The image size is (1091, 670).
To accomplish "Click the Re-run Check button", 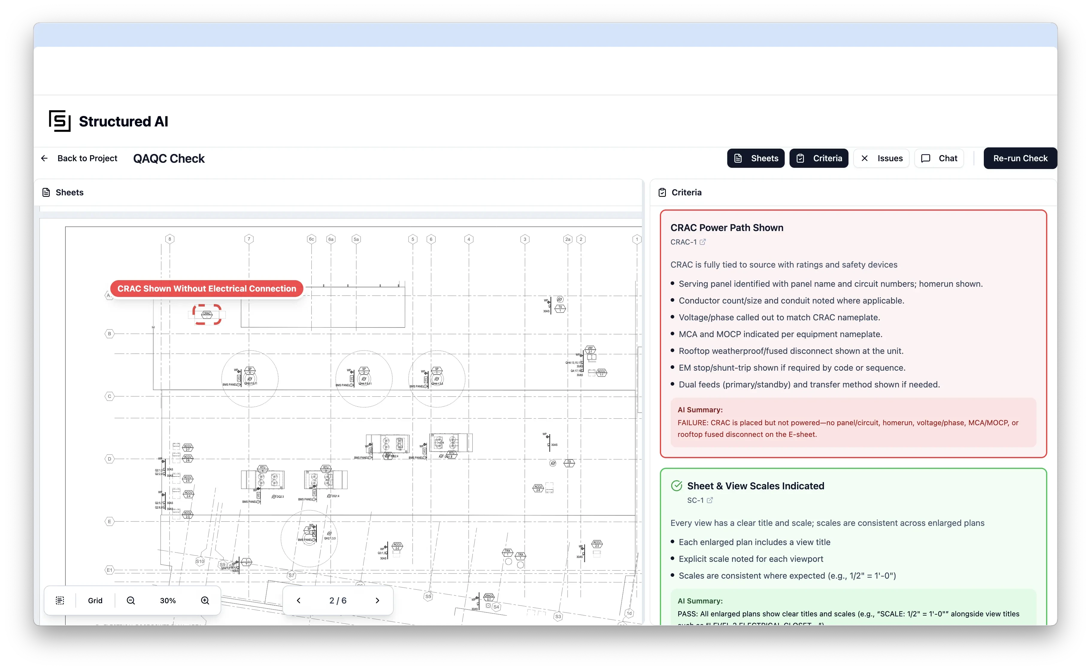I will (x=1020, y=158).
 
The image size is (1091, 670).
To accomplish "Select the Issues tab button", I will (x=881, y=158).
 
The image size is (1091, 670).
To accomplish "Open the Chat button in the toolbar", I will (x=939, y=158).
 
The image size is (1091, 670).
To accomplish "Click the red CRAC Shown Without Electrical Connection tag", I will (x=207, y=289).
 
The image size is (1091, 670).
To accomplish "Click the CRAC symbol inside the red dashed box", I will (x=207, y=314).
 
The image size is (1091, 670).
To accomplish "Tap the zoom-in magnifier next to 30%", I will (x=205, y=600).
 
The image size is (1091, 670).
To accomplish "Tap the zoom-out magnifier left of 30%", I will (x=131, y=600).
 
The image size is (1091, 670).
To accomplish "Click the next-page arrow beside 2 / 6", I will (x=377, y=600).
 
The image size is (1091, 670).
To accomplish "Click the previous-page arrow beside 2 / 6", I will (x=298, y=600).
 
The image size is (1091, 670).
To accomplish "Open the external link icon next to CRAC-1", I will (x=703, y=242).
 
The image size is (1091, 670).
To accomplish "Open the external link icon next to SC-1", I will (x=710, y=500).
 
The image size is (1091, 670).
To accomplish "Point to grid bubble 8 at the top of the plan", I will (x=169, y=239).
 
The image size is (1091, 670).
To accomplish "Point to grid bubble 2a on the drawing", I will (x=568, y=239).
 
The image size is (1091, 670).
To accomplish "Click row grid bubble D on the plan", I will (x=109, y=459).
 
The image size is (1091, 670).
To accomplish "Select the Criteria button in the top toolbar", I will (x=819, y=158).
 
